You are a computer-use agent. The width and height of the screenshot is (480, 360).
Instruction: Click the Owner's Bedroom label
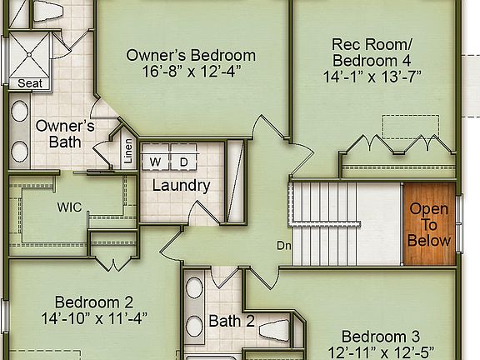(190, 56)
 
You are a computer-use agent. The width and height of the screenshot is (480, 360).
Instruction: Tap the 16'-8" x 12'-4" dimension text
(190, 72)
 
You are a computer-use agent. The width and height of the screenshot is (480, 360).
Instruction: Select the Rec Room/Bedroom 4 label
(372, 52)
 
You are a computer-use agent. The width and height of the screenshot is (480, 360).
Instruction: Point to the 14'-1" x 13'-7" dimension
(372, 76)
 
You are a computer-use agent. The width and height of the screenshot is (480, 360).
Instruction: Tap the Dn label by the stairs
(285, 246)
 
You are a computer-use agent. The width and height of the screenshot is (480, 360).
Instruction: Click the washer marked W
(156, 161)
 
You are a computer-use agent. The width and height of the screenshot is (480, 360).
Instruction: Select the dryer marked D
(184, 161)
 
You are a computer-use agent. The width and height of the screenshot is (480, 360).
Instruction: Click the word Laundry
(181, 186)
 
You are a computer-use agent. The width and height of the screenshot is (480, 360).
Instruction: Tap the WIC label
(70, 207)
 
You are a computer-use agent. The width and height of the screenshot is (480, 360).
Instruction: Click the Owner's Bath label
(64, 133)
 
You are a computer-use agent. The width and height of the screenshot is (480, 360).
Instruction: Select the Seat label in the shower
(29, 83)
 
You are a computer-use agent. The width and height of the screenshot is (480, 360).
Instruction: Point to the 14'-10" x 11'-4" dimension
(93, 317)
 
